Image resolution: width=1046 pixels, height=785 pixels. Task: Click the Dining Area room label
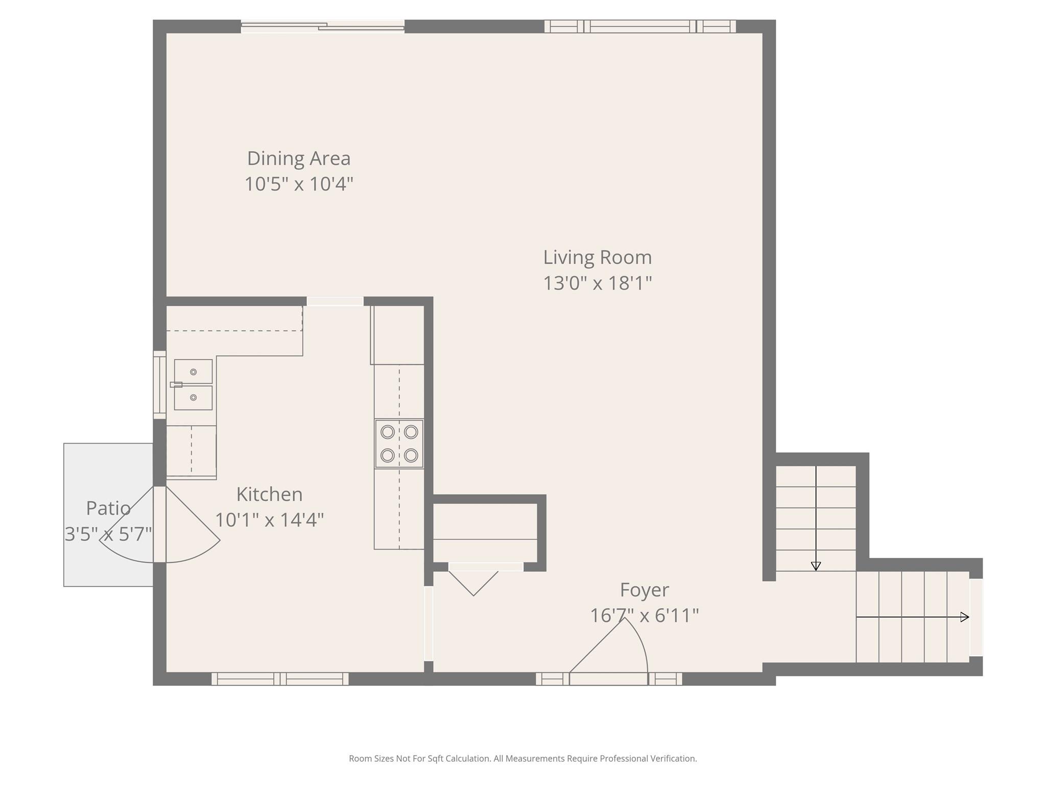coord(299,158)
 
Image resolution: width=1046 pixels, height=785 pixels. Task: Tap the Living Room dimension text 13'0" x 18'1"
coord(598,283)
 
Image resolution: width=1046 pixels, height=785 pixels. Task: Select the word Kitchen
coord(270,494)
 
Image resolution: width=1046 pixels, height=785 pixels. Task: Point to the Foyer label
coord(645,590)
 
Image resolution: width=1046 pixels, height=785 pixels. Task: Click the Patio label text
coord(108,508)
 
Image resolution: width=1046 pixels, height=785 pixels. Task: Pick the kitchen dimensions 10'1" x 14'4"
coord(270,520)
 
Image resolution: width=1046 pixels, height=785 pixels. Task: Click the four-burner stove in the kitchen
coord(399,444)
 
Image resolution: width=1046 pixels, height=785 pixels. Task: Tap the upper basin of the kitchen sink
coord(193,372)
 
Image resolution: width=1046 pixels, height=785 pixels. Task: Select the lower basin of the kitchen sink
coord(193,398)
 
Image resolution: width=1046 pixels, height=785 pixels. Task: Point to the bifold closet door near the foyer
coord(473,583)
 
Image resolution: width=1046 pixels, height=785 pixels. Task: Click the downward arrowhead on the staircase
coord(816,566)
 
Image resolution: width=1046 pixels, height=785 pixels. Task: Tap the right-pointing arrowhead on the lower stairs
coord(965,617)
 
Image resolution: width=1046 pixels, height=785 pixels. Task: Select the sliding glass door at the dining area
coord(323,26)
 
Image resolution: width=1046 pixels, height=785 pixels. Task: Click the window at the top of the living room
coord(640,26)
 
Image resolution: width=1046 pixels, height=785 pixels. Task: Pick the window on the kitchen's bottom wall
coord(280,679)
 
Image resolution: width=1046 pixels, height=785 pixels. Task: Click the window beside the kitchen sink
coord(160,385)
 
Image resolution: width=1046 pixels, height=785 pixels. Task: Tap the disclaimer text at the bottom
coord(523,758)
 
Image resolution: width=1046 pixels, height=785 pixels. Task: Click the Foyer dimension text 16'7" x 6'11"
coord(645,615)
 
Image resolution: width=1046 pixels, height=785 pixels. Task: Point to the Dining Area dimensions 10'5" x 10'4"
coord(299,184)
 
